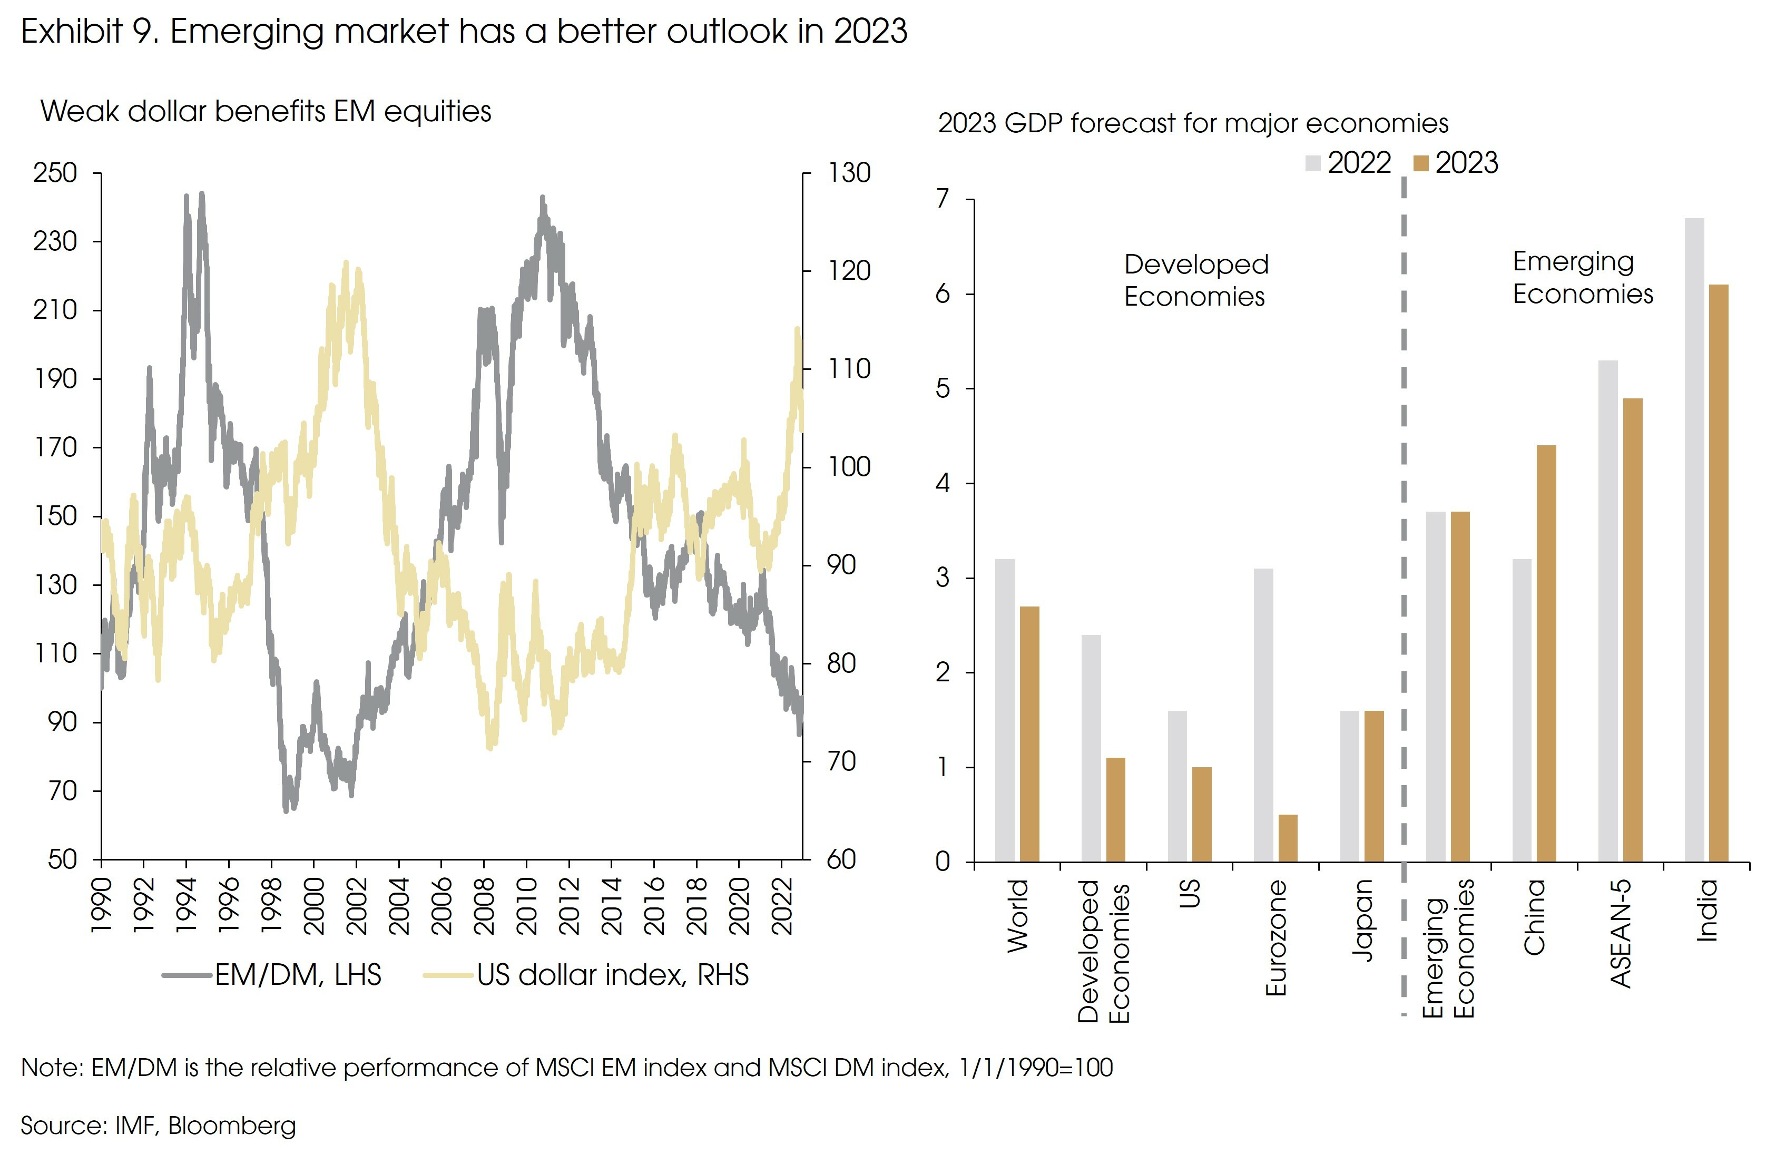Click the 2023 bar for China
tap(1546, 653)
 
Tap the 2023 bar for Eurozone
tap(1288, 837)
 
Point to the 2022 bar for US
tap(1177, 786)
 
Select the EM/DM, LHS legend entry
tap(272, 975)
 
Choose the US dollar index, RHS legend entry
tap(586, 975)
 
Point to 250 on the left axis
tap(55, 173)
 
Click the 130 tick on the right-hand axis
tap(848, 173)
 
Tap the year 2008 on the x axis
tap(484, 906)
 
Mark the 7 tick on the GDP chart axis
tap(943, 199)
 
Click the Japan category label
tap(1362, 920)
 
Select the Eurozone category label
tap(1277, 937)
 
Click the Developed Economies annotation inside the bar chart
tap(1195, 280)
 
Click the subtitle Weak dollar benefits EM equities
tap(266, 111)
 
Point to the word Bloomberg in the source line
tap(231, 1125)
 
